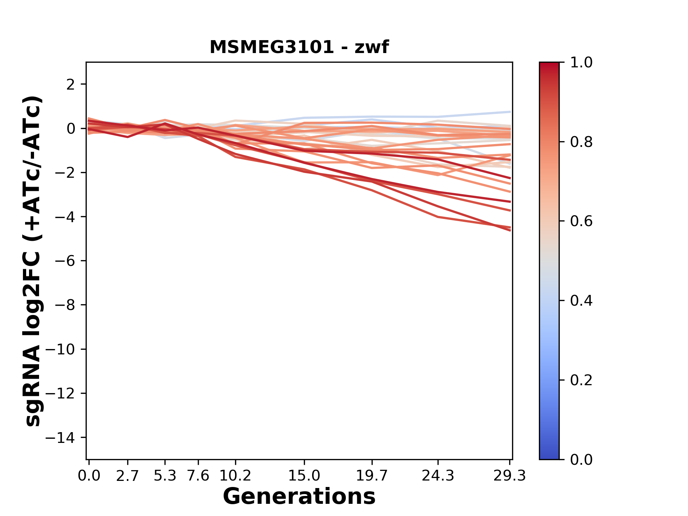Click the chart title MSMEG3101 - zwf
pos(299,47)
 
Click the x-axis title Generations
pos(299,497)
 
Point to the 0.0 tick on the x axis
pos(89,476)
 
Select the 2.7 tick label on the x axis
pos(128,476)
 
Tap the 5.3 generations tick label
pos(165,476)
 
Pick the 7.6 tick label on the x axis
pos(198,476)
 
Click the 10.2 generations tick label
pos(235,476)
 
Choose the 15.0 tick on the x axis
pos(304,476)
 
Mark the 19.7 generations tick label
pos(372,476)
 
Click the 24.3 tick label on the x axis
pos(438,476)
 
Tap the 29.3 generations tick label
pos(510,476)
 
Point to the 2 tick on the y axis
pos(71,85)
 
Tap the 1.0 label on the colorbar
pos(581,63)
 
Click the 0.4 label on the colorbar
pos(581,301)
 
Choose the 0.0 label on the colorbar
pos(581,459)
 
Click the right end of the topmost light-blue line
pos(510,112)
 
